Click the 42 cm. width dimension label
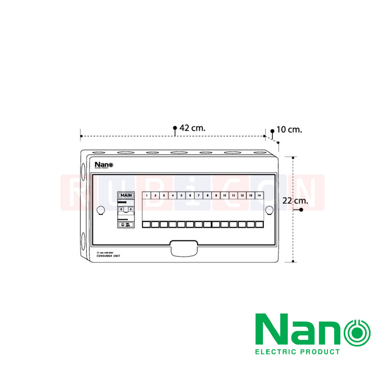point(192,128)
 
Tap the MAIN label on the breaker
point(126,196)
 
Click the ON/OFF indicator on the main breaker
point(126,224)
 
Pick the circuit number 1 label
point(147,196)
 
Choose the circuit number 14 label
point(259,196)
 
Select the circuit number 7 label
point(199,196)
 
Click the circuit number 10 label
point(224,196)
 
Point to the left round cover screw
point(100,210)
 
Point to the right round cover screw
point(269,210)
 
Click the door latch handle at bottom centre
point(184,248)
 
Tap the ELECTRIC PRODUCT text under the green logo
point(298,352)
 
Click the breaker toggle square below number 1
point(147,224)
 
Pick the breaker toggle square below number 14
point(259,224)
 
